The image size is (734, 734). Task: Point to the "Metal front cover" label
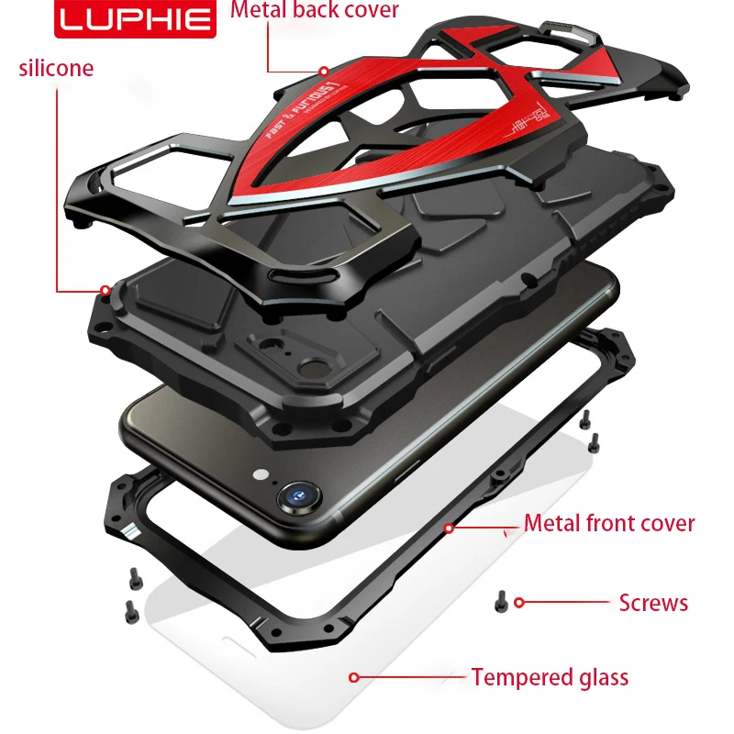coord(609,524)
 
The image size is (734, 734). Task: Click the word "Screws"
coord(652,603)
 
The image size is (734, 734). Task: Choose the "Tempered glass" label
coord(550,678)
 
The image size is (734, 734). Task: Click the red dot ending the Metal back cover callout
coord(324,70)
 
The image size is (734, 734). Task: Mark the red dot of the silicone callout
coord(106,290)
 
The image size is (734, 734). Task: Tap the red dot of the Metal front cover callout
coord(450,528)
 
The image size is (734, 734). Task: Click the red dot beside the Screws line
coord(519,603)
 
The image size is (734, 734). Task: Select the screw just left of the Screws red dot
coord(500,601)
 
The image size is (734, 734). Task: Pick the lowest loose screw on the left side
coord(128,606)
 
